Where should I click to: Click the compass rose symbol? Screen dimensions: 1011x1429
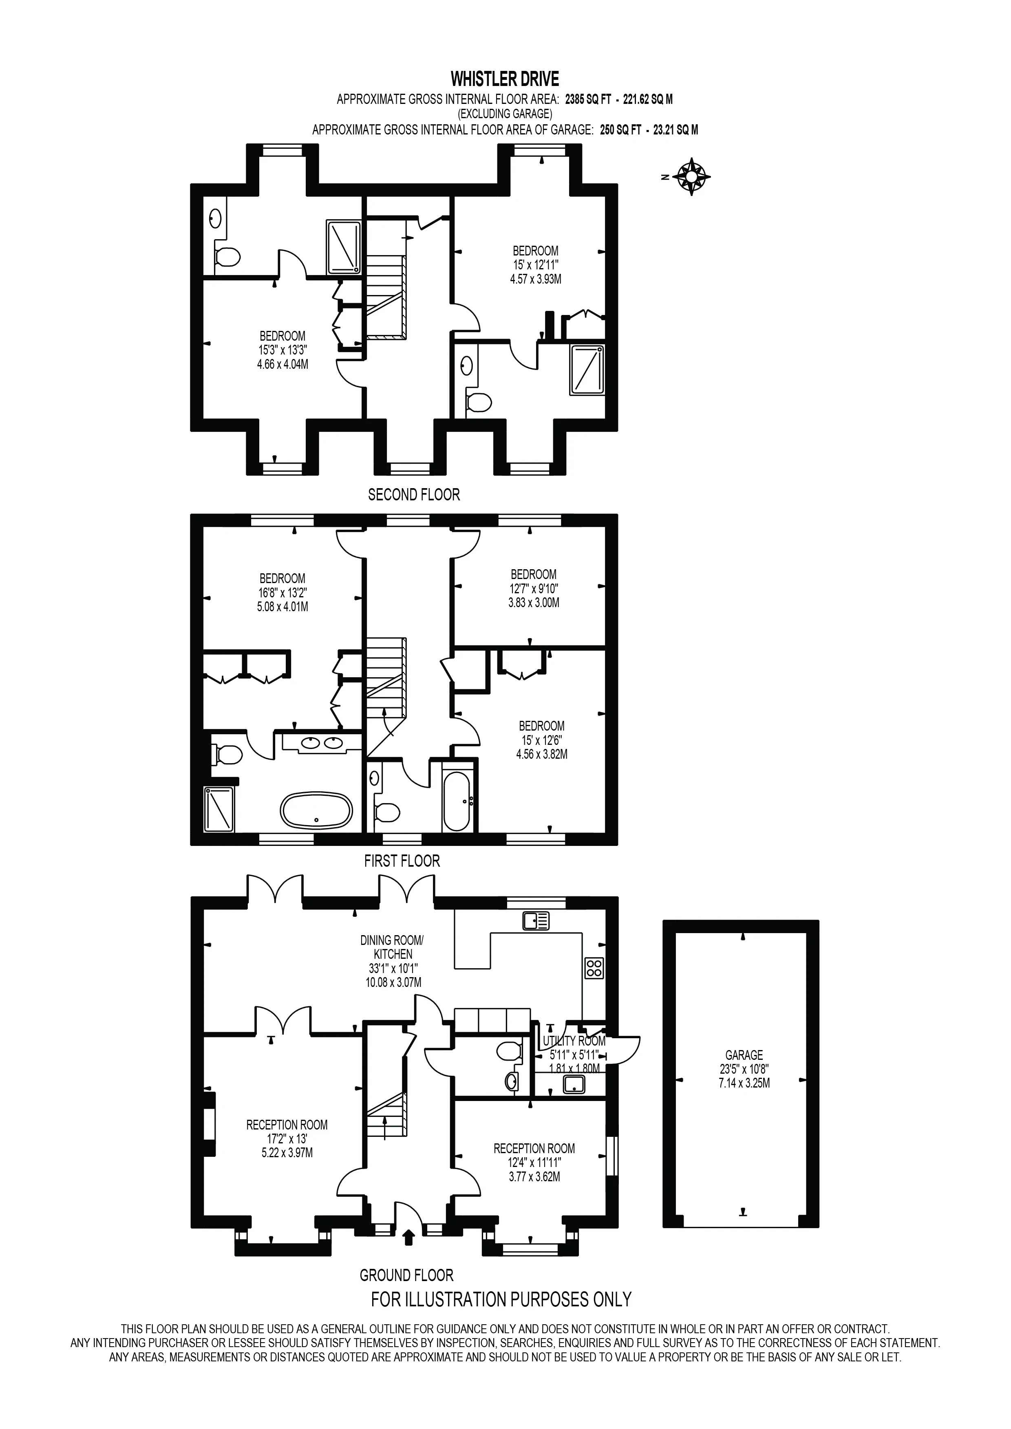(x=692, y=177)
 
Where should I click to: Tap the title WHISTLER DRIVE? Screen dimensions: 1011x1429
(x=505, y=79)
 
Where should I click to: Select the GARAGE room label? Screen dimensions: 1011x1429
(x=744, y=1055)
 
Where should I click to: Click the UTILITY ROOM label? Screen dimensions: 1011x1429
(x=574, y=1041)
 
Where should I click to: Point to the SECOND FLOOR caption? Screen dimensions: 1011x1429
(x=414, y=495)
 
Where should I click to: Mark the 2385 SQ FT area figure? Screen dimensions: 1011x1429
(x=588, y=99)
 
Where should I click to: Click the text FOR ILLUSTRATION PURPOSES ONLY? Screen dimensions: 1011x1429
(x=501, y=1299)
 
